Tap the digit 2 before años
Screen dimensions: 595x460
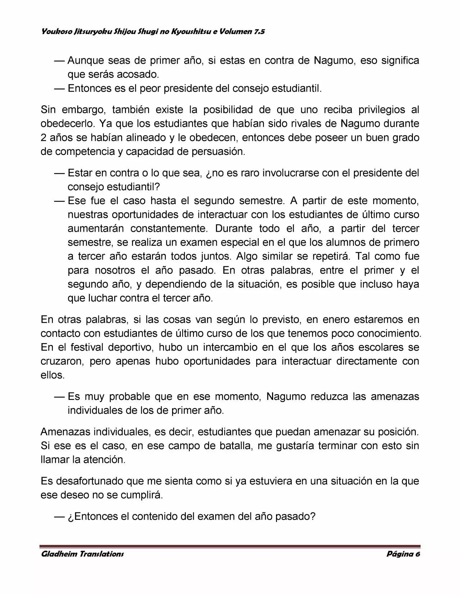click(x=43, y=138)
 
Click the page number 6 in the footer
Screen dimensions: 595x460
click(x=418, y=554)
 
